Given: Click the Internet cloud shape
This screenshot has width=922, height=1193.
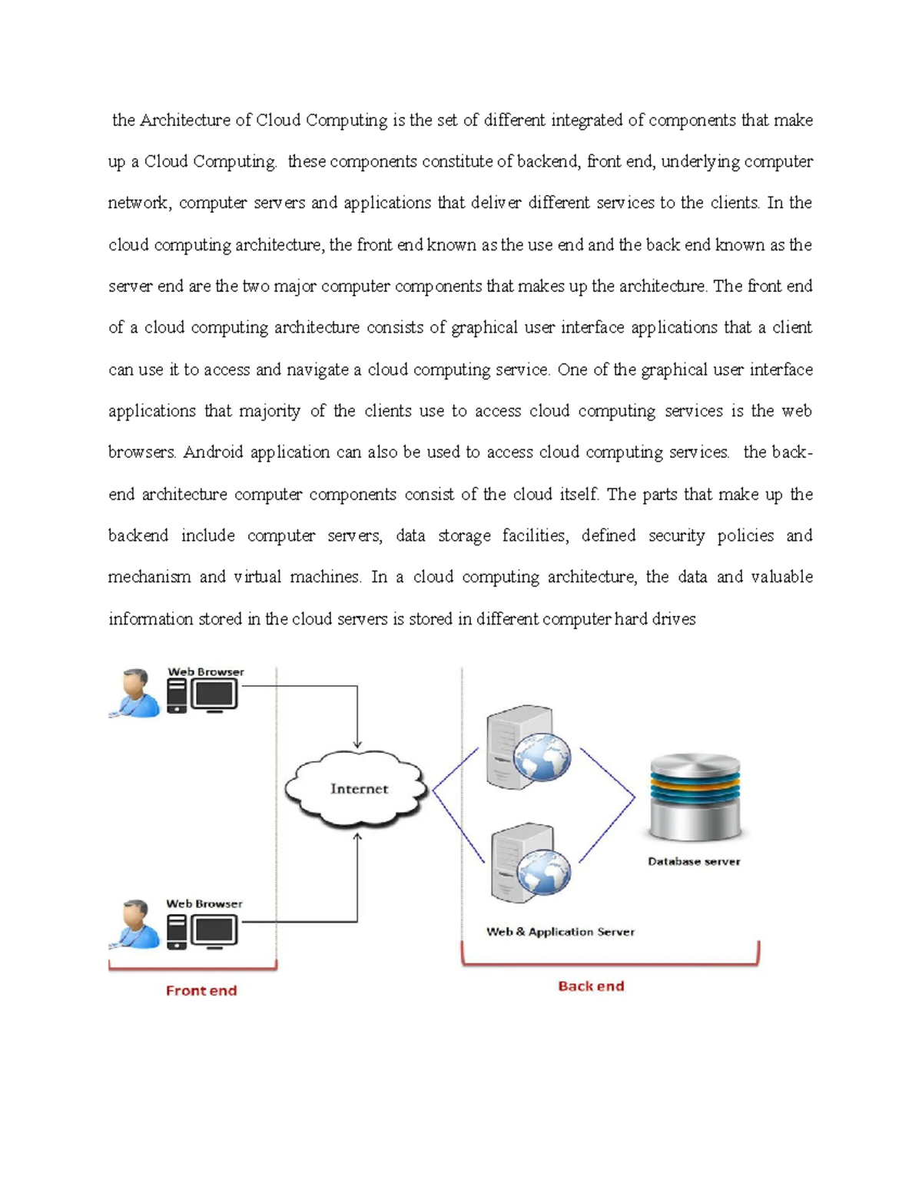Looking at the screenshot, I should (357, 789).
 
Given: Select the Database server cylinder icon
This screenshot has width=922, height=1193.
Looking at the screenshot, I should (695, 797).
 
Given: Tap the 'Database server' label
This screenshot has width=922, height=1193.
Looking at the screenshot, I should (694, 861).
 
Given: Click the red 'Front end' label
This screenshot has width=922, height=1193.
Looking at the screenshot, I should (201, 991).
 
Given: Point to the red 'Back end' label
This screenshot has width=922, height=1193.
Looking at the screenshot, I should (591, 986).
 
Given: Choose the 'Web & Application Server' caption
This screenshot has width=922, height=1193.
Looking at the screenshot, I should (560, 932).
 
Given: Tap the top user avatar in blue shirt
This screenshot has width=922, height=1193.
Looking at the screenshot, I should (135, 693).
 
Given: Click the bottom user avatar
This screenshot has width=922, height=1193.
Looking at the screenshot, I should (135, 924).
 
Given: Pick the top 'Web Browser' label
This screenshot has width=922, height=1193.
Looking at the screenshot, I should (206, 672).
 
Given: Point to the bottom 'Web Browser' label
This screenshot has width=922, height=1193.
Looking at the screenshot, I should (204, 904).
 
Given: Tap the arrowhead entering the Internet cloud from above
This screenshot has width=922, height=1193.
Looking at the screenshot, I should (357, 744).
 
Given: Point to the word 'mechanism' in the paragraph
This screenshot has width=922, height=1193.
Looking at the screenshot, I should (149, 577).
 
